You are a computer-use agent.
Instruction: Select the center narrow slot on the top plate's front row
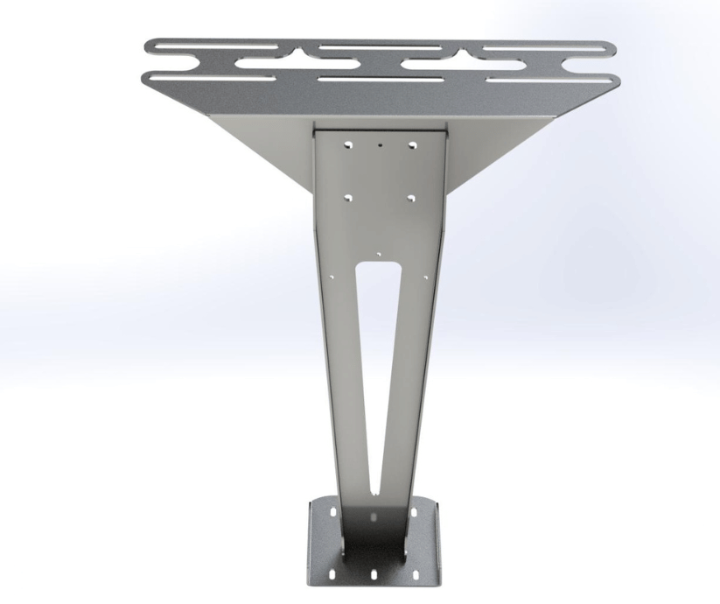click(x=381, y=80)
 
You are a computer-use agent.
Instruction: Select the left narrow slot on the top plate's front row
click(x=210, y=79)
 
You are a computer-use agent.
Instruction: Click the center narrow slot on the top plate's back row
click(x=381, y=46)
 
